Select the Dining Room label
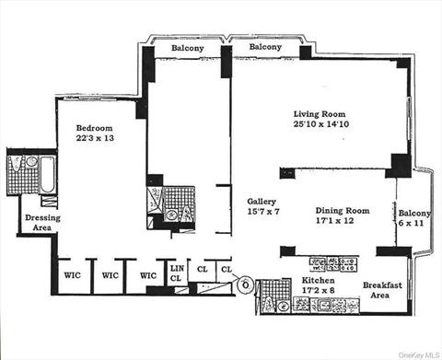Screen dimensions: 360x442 343,211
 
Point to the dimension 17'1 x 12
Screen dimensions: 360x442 343,222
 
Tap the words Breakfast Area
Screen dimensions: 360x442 382,291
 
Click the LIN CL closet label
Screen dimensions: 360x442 178,273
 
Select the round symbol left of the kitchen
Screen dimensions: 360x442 244,285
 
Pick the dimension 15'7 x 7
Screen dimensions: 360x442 263,213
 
